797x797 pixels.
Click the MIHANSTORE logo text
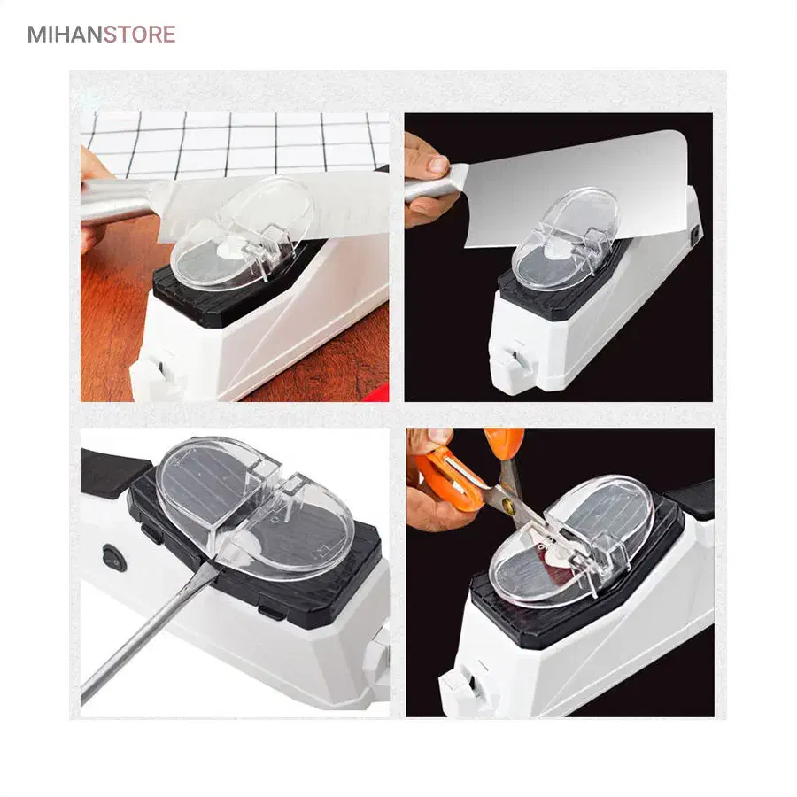[x=102, y=35]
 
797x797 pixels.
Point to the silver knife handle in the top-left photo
[x=117, y=201]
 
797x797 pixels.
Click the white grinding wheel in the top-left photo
[x=228, y=249]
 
